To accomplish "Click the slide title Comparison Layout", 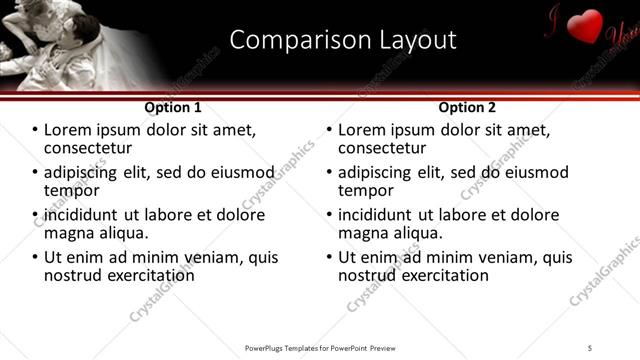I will tap(343, 40).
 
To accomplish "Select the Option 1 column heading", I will tap(173, 107).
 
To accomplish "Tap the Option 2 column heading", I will tap(467, 107).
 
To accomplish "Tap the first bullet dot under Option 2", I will tap(329, 131).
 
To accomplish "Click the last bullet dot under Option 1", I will tap(35, 257).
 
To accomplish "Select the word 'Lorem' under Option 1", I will tap(68, 130).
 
